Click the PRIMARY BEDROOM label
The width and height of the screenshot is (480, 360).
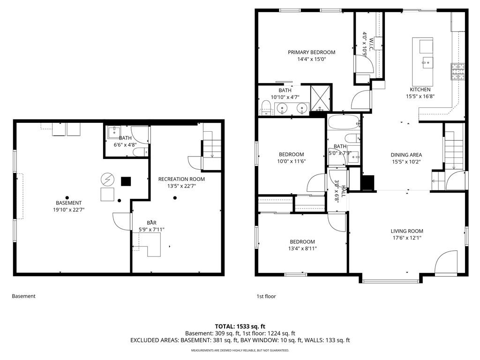(311, 52)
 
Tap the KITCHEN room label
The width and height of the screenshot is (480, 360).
(420, 90)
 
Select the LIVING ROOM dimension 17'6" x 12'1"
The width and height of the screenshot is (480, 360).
(407, 238)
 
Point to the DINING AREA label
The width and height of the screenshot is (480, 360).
(406, 155)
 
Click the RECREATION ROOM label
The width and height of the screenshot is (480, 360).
(181, 179)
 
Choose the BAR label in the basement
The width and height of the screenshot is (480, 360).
(152, 223)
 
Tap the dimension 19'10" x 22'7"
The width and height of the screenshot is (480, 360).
(68, 210)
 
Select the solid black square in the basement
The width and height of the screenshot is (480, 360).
(126, 181)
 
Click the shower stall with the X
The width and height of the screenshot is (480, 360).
(321, 99)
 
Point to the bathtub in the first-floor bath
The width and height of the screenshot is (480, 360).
(343, 123)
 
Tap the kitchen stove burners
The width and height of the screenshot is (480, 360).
(457, 71)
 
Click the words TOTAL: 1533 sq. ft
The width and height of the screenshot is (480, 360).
(240, 326)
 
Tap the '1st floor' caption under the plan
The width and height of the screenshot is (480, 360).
(266, 296)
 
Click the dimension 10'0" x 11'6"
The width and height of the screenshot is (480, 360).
(291, 161)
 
